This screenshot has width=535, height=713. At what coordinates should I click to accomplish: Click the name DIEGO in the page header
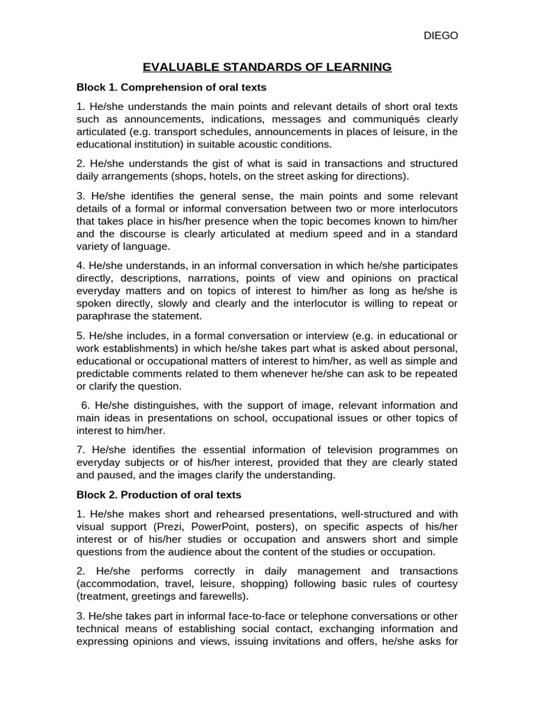point(441,36)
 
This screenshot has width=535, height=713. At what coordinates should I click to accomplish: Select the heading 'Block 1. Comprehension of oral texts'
point(171,88)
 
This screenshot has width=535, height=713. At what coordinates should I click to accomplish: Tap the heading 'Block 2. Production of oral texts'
point(159,495)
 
